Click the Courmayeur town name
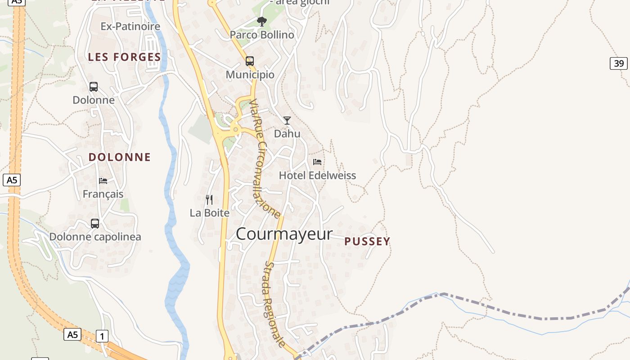284,234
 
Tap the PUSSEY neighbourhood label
367,242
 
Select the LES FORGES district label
125,57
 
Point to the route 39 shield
619,63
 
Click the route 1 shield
102,336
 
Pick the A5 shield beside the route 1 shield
72,334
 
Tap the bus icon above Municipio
250,61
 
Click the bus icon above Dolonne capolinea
95,223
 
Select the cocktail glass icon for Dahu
287,120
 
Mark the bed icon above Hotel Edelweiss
317,162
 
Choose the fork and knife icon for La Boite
209,199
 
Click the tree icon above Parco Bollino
261,21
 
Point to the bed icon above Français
103,181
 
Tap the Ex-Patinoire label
130,27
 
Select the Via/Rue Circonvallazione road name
265,158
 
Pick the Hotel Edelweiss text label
317,175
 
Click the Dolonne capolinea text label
95,237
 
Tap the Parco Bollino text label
262,35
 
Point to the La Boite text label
210,213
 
